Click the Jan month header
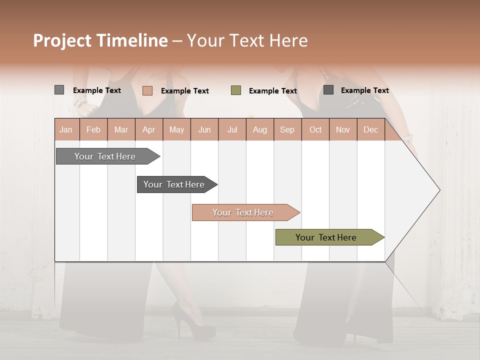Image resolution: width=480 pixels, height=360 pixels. (x=66, y=129)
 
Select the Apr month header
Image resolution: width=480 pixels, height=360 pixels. (x=149, y=129)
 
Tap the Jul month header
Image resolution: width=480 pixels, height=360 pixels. (x=232, y=129)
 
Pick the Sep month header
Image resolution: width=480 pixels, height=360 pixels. (x=287, y=129)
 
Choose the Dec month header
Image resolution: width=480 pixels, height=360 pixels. (x=370, y=129)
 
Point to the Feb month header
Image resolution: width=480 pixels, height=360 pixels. (x=93, y=129)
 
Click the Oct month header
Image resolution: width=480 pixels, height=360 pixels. (x=315, y=129)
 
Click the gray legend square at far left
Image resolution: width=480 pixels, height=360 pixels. (x=59, y=90)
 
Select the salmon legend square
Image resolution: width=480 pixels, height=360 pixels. (x=147, y=90)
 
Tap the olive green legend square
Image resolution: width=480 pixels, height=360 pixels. (x=236, y=90)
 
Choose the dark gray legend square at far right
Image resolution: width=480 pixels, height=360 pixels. (x=328, y=90)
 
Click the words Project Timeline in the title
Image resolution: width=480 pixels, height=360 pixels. (x=100, y=40)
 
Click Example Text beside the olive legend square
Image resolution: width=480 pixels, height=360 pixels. (x=272, y=91)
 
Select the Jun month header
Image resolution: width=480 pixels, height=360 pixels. (x=204, y=129)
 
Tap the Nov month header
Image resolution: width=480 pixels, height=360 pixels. (x=343, y=129)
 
